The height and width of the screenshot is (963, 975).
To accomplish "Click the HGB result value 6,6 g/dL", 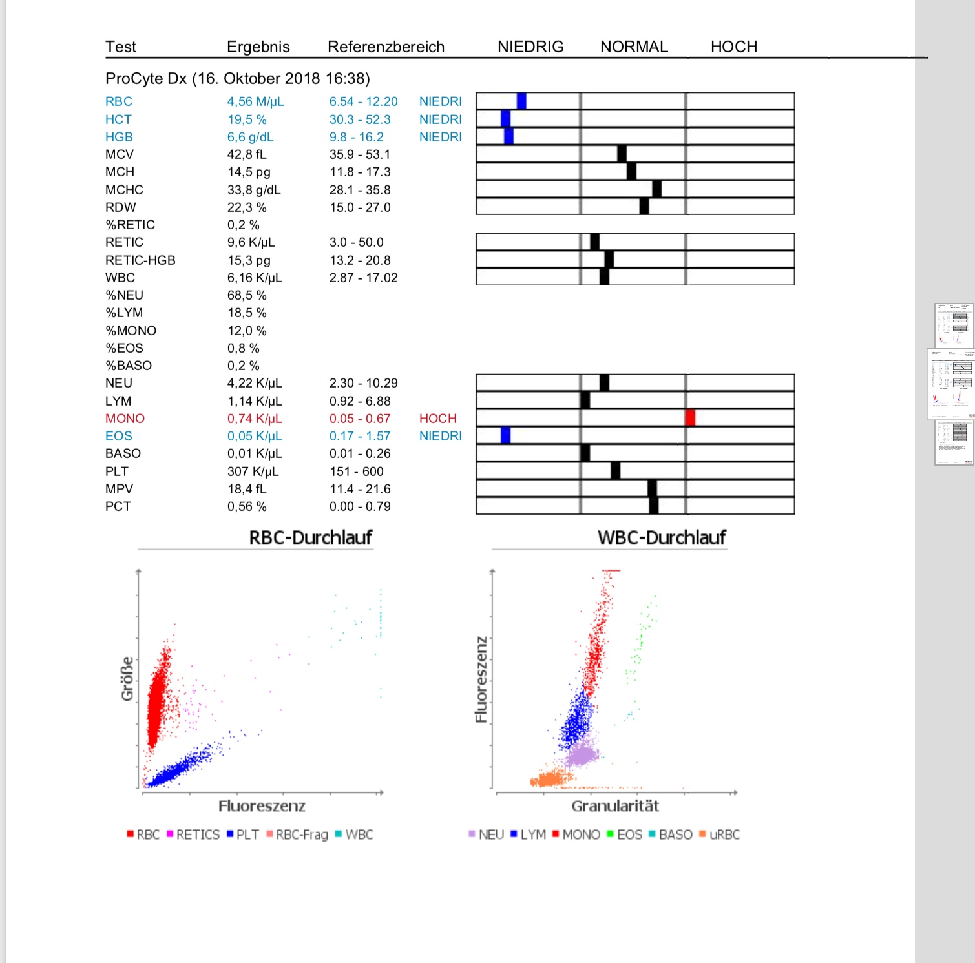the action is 250,137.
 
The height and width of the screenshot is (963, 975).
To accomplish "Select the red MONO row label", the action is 125,419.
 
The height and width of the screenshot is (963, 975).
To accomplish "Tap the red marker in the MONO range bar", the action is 690,417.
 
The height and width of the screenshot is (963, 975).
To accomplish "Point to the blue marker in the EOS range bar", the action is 505,435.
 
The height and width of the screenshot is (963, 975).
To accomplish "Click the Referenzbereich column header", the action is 386,47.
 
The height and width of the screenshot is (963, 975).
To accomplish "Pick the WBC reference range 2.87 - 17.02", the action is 363,278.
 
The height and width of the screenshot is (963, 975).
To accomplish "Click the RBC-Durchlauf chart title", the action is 311,537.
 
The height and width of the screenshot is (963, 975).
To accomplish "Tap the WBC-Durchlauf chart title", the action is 662,537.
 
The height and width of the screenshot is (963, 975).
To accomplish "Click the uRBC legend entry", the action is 719,834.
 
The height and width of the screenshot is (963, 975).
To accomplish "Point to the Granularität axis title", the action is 615,806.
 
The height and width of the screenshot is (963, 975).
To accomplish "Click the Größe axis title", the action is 127,679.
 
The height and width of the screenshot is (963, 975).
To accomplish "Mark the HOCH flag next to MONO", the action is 437,419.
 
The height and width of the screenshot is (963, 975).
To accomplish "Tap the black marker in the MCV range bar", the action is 622,154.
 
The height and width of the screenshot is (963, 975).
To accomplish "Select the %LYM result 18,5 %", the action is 246,313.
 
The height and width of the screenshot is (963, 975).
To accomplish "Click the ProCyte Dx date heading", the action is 238,78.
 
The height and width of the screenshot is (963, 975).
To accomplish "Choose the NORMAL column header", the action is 634,47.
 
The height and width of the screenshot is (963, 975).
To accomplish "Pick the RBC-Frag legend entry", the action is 297,834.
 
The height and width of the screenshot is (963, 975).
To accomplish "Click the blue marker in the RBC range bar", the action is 521,101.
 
